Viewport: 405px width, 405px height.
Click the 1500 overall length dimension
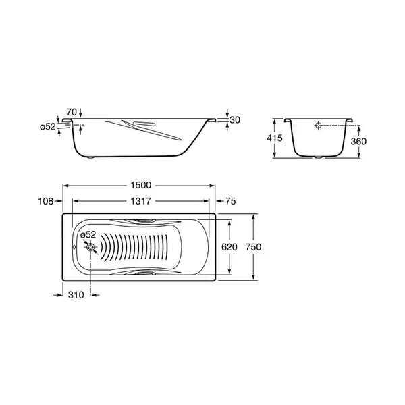click(141, 185)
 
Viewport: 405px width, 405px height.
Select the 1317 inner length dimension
click(140, 201)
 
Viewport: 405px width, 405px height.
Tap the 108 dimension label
click(45, 201)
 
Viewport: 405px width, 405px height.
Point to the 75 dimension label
click(231, 201)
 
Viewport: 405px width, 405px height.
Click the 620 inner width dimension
click(229, 247)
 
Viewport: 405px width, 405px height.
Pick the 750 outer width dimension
click(253, 247)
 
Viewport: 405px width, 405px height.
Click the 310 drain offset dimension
click(76, 295)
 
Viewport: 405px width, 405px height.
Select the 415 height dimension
click(275, 138)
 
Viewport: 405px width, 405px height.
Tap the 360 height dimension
click(358, 141)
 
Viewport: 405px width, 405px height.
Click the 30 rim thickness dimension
click(235, 120)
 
